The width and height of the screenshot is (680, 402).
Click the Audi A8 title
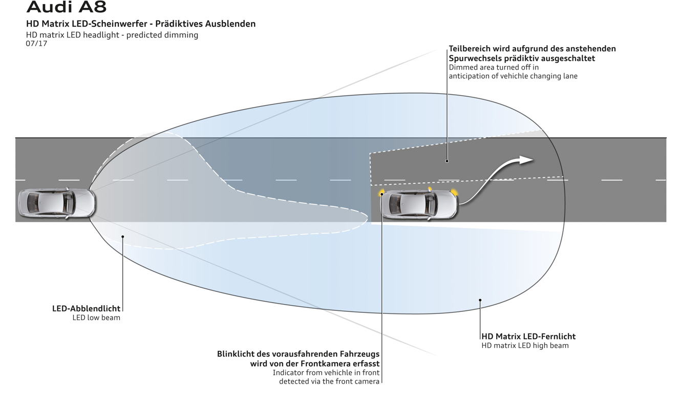pyautogui.click(x=66, y=7)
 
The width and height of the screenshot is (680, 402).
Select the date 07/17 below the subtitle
pyautogui.click(x=36, y=44)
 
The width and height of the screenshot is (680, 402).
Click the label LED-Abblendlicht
pyautogui.click(x=86, y=309)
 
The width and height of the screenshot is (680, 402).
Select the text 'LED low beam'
pyautogui.click(x=96, y=318)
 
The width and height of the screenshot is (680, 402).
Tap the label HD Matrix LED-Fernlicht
pyautogui.click(x=528, y=336)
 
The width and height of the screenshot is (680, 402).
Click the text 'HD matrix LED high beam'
pyautogui.click(x=525, y=346)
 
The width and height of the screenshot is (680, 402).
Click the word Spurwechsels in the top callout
pyautogui.click(x=477, y=58)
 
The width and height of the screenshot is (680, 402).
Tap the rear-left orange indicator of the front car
pyautogui.click(x=381, y=193)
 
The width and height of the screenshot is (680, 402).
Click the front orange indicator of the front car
pyautogui.click(x=454, y=193)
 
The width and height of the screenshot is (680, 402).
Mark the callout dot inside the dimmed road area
pyautogui.click(x=447, y=161)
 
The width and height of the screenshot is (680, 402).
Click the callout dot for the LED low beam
pyautogui.click(x=123, y=236)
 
